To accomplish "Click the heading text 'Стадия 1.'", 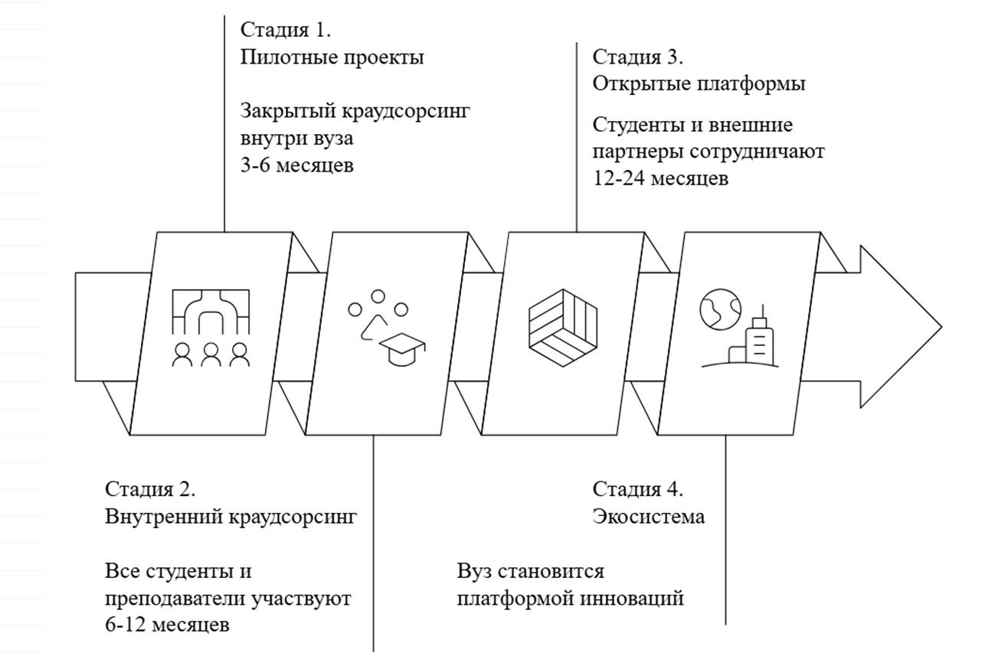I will pos(286,30).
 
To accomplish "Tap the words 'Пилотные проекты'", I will pos(332,57).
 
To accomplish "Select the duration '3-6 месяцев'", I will pos(296,165).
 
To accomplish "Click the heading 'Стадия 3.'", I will pos(638,57).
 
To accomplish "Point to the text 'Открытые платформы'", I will pos(699,84).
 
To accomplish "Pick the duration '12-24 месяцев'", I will pos(660,178).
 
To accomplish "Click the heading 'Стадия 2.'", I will pos(150,489).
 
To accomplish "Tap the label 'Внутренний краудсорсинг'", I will pos(231,517).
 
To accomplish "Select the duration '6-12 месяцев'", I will pos(166,625).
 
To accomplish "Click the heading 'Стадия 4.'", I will pos(638,489).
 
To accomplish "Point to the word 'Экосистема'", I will pos(648,517).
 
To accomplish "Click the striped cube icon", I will pos(563,328).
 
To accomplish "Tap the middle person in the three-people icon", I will pos(211,354).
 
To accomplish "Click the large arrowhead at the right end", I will pos(896,326).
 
